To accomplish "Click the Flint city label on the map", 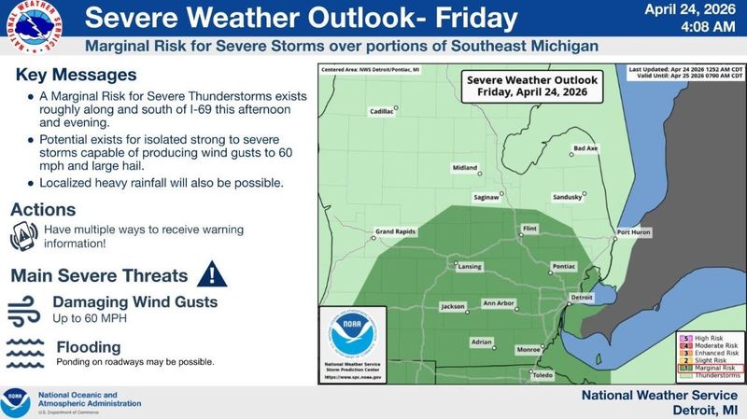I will (529, 227).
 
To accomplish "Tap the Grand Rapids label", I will (394, 231).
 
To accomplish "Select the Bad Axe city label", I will (585, 148).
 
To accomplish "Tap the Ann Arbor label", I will (498, 303).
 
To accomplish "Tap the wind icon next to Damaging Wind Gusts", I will (25, 309).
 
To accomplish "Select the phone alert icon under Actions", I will (25, 237).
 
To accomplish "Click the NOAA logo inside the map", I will (351, 334).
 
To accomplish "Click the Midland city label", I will (464, 168).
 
